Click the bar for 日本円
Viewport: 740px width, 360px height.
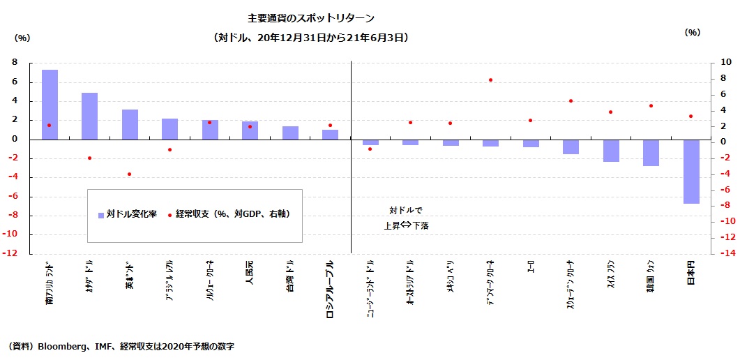691,171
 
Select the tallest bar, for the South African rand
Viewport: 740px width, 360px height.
50,104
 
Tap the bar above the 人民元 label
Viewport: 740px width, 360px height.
250,130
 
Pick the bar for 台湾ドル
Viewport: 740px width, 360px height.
290,133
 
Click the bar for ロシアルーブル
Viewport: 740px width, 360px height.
330,134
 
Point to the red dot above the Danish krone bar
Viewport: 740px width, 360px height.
491,80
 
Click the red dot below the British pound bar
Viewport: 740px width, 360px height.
130,174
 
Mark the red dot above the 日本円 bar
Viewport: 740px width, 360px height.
691,117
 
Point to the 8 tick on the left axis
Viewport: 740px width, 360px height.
15,63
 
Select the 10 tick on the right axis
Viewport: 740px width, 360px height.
725,63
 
